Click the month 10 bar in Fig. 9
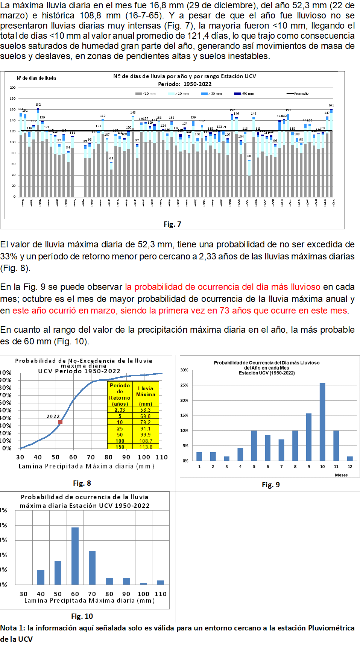[322, 422]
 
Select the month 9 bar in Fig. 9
[309, 437]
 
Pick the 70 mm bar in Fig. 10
[92, 567]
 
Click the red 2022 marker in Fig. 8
[60, 422]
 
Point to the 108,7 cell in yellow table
[146, 441]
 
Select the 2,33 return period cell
[120, 410]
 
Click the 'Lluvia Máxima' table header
[146, 391]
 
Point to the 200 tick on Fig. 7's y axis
[13, 88]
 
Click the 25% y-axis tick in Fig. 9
[184, 385]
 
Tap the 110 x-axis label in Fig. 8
[161, 457]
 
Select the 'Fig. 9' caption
[271, 485]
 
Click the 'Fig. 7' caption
[172, 224]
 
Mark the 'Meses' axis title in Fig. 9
[341, 475]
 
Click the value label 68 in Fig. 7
[249, 156]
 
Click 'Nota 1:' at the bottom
[13, 628]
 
